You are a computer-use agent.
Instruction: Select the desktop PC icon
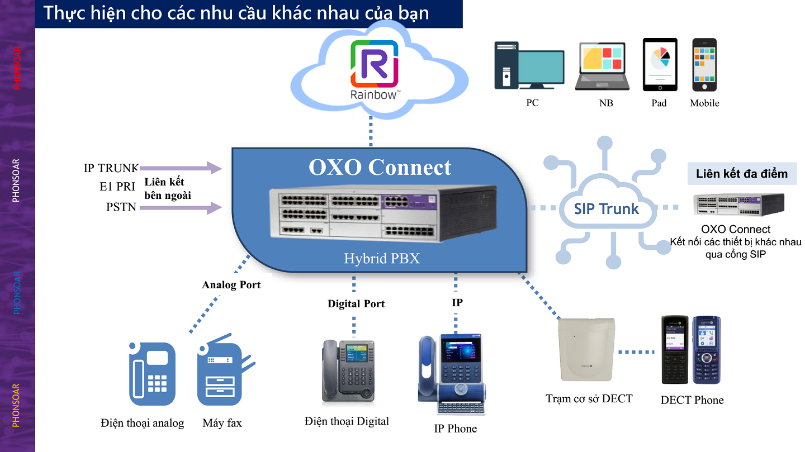(528, 65)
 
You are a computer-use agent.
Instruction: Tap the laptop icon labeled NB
(602, 66)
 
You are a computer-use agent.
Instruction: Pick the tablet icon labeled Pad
(660, 64)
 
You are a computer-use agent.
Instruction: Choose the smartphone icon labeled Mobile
(704, 64)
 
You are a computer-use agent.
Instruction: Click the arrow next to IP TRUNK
(181, 168)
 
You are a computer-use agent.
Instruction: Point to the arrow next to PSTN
(181, 208)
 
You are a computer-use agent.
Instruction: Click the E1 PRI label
(117, 187)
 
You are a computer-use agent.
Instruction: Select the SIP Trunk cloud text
(607, 209)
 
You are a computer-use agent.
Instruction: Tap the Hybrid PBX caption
(382, 259)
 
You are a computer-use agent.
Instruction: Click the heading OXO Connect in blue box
(380, 167)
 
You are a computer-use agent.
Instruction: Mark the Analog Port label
(231, 285)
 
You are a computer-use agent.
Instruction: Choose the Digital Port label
(356, 304)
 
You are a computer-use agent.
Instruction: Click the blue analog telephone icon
(151, 373)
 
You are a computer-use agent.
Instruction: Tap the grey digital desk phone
(348, 372)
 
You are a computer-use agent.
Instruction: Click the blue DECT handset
(706, 350)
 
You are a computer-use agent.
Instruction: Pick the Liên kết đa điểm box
(741, 174)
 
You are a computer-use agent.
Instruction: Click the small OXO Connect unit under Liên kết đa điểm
(738, 204)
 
